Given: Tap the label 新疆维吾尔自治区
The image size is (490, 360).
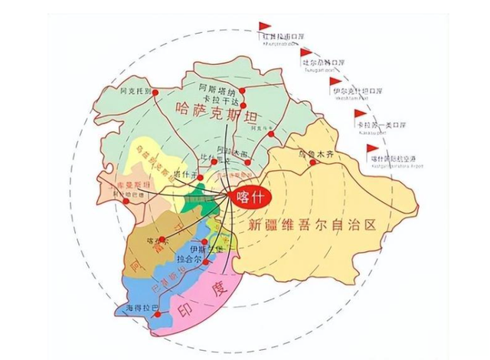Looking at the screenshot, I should point(314,225).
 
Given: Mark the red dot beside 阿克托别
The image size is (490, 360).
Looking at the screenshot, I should point(155,93).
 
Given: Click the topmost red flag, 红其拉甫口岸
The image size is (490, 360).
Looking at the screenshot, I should point(264,27).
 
